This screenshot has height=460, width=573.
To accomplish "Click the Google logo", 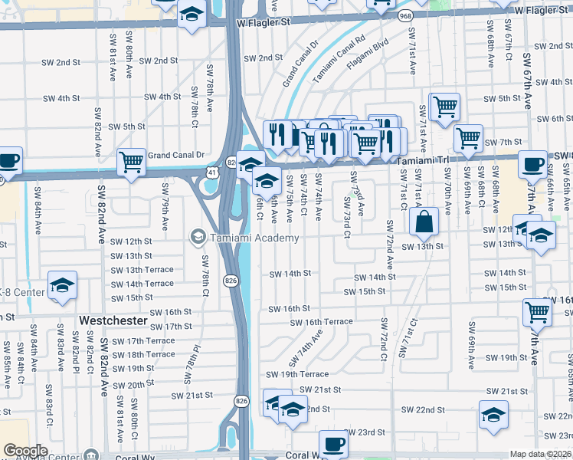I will (x=25, y=451).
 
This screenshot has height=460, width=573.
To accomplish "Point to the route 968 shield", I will (x=404, y=15).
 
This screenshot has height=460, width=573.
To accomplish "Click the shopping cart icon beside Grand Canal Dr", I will (x=131, y=161).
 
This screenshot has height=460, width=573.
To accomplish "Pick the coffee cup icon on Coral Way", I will (x=333, y=444).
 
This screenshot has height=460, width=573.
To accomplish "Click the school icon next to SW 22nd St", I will (x=493, y=415).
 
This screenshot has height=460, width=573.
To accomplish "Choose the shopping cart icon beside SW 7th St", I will (x=467, y=139).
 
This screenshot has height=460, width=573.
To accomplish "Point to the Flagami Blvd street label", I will (x=360, y=60).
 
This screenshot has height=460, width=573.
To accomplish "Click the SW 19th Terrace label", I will (x=297, y=374).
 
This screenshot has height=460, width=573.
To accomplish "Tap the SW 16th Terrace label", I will (x=320, y=322).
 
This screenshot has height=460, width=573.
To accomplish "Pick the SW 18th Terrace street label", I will (x=150, y=354).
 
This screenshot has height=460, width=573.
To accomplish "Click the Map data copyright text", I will (x=541, y=454).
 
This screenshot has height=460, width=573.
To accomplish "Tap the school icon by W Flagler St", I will (x=191, y=15).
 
